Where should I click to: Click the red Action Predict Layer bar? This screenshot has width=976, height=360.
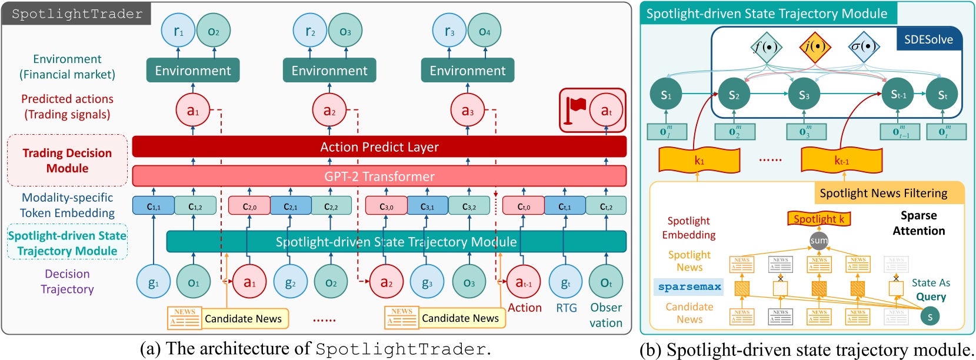[379, 147]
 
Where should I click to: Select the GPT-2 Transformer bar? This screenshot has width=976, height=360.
[379, 176]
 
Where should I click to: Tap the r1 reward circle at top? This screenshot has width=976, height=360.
[178, 31]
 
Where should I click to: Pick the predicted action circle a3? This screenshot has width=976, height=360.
[467, 111]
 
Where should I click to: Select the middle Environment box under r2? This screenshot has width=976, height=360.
[329, 71]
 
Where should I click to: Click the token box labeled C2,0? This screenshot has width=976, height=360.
[249, 206]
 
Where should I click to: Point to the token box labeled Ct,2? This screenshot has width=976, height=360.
[606, 206]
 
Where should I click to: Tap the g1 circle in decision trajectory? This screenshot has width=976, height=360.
[153, 283]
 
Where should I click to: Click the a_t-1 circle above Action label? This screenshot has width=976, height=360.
[523, 283]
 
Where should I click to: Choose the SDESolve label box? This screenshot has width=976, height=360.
[928, 39]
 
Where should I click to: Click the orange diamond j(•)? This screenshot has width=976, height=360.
[815, 46]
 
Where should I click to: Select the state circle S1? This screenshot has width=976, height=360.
[666, 95]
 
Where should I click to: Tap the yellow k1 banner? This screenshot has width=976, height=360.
[699, 160]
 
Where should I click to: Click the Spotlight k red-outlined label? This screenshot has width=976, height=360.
[819, 219]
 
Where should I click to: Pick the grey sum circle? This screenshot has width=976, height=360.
[818, 240]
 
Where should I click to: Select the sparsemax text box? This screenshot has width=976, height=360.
[689, 286]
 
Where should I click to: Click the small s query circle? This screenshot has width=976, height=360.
[930, 316]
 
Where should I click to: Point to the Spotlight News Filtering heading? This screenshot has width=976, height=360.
[883, 193]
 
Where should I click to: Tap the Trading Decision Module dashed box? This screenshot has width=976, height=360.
[67, 161]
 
